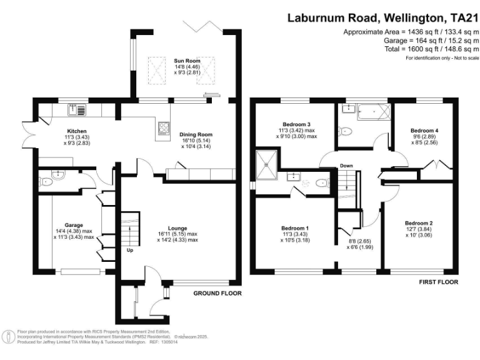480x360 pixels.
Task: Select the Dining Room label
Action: tap(196, 134)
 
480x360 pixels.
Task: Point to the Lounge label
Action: tap(177, 228)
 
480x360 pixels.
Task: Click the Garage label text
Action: tap(74, 225)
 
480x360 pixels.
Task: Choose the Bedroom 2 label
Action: tap(418, 223)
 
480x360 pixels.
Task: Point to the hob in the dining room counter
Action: tap(164, 127)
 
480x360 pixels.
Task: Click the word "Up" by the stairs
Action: tap(131, 251)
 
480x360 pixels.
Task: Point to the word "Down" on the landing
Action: tap(347, 166)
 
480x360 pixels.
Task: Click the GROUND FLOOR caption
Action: tap(217, 292)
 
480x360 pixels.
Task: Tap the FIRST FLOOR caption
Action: tap(439, 282)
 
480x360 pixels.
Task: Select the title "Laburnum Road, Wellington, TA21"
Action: tap(383, 18)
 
